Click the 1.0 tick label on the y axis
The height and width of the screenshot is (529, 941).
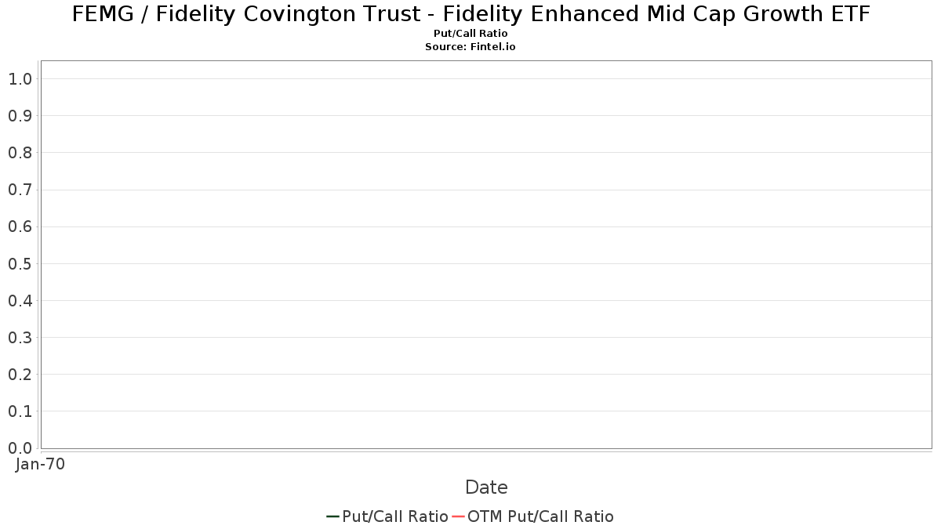click(x=20, y=79)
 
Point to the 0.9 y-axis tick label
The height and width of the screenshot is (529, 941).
click(x=20, y=116)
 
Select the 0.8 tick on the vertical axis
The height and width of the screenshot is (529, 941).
click(x=20, y=153)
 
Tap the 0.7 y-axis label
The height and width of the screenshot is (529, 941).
click(x=20, y=190)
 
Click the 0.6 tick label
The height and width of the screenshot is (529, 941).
click(x=20, y=226)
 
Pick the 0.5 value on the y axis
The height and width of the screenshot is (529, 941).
click(x=20, y=263)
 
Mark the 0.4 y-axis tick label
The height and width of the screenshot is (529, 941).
click(x=20, y=301)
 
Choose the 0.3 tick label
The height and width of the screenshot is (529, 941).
click(x=20, y=338)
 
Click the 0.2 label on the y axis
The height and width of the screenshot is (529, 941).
click(x=20, y=375)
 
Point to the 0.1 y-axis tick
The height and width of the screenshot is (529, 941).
click(x=20, y=411)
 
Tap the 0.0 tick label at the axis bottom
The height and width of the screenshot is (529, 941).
click(x=20, y=448)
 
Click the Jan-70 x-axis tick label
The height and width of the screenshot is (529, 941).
click(x=40, y=464)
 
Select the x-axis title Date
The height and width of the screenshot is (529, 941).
click(x=486, y=487)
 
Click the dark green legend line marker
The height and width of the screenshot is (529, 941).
click(x=332, y=516)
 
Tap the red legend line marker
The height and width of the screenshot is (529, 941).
click(x=458, y=516)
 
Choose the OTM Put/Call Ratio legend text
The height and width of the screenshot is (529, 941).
click(x=540, y=516)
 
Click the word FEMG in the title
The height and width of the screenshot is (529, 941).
click(x=103, y=14)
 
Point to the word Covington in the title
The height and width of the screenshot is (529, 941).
click(x=332, y=15)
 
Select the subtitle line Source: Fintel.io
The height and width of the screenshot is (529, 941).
click(x=470, y=46)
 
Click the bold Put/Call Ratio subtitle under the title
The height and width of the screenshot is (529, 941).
click(x=470, y=33)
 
